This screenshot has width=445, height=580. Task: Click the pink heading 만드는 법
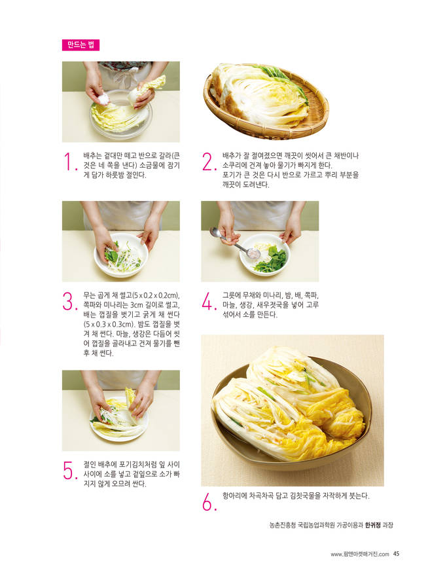80,45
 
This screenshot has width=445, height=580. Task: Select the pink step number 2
208,162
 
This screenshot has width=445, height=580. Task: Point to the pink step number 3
69,302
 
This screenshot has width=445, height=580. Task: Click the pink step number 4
208,302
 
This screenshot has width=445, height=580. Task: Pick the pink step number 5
69,471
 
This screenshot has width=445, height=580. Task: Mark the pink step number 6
209,502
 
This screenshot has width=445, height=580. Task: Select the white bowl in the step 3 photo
121,255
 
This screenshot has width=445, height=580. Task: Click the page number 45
396,554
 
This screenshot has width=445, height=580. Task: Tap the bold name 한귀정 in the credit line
373,525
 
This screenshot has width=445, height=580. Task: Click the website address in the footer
359,554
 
